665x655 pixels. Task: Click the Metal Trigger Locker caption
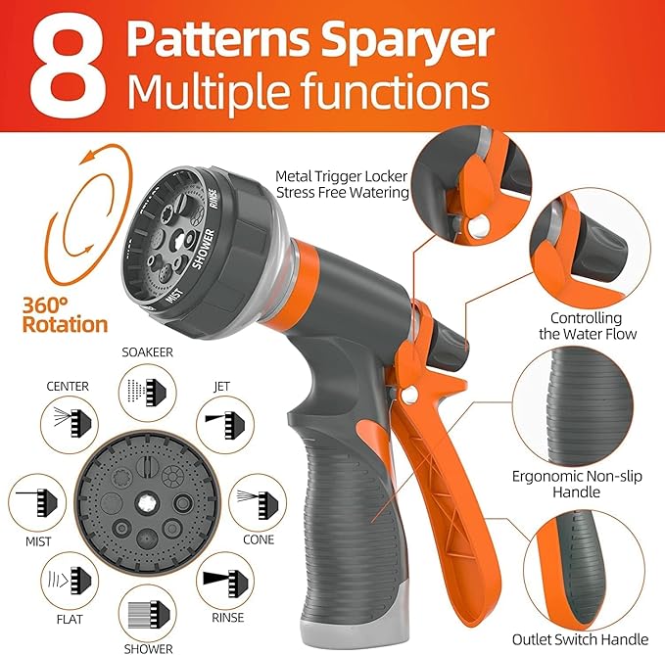(x=341, y=184)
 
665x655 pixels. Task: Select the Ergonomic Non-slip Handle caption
(x=570, y=485)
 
